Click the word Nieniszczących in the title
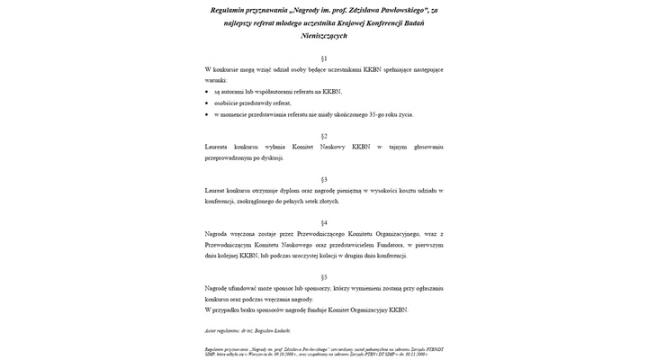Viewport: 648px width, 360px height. (324, 35)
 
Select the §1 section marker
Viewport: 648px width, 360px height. (324, 58)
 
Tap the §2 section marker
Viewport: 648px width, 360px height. (324, 135)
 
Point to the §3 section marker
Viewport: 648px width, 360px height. (324, 179)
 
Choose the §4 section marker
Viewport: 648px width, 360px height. (324, 222)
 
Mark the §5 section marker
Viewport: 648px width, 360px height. (324, 277)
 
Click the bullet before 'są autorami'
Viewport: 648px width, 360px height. (206, 92)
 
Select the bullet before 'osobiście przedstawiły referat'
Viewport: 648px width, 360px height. (206, 103)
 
